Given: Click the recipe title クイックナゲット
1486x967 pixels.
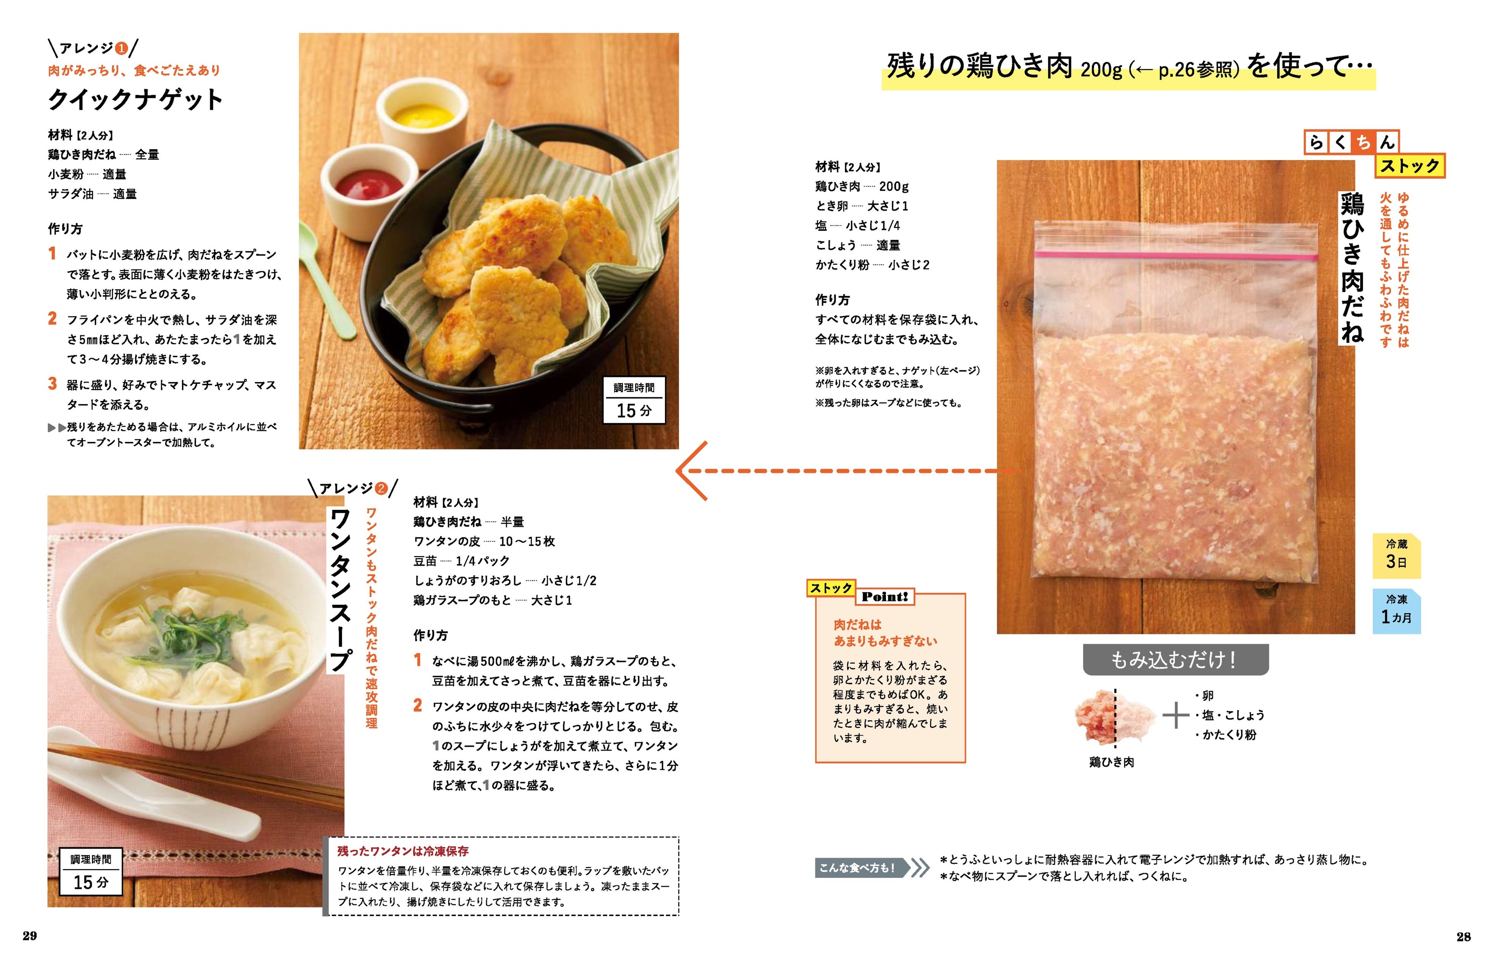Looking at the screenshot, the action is coord(135,100).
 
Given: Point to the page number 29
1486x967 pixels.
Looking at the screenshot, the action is coord(29,936).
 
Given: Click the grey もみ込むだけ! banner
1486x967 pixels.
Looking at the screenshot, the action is coord(1176,660).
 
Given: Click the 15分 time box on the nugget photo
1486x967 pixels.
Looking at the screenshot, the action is coord(634,401).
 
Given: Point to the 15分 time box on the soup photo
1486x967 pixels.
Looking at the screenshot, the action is coord(91,873).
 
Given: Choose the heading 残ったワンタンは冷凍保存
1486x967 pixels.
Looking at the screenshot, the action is coord(403,851).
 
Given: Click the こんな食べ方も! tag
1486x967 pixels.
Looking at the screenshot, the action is coord(860,867).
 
